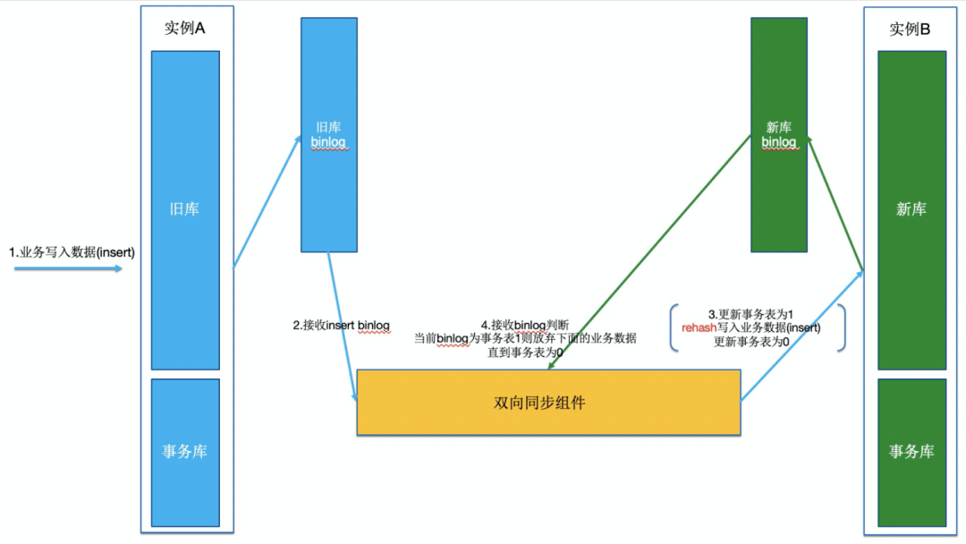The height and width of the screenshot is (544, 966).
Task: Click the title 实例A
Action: click(185, 29)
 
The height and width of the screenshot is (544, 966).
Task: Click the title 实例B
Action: click(910, 30)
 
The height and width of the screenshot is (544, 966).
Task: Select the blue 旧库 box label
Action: click(184, 209)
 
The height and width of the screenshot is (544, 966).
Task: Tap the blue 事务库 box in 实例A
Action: click(184, 452)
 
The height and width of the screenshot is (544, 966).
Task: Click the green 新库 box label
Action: click(911, 209)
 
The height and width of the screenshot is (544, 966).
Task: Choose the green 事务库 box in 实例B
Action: click(911, 452)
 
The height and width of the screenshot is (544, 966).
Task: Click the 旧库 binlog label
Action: click(328, 135)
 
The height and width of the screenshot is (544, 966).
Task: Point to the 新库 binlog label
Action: click(778, 135)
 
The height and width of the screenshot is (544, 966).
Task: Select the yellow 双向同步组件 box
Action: click(547, 403)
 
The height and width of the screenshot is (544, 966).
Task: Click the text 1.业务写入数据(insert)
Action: click(72, 252)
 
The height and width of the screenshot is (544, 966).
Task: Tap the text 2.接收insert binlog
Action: click(341, 326)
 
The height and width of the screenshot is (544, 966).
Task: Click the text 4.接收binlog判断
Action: click(524, 325)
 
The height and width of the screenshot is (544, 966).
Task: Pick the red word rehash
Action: click(699, 328)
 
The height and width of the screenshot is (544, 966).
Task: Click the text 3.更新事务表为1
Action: click(750, 315)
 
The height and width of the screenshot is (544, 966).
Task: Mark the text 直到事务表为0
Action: click(524, 353)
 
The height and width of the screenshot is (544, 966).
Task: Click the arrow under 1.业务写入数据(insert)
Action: click(68, 267)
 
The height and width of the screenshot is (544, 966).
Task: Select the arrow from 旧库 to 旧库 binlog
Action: click(267, 201)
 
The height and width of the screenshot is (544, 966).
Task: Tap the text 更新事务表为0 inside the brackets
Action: click(750, 342)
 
